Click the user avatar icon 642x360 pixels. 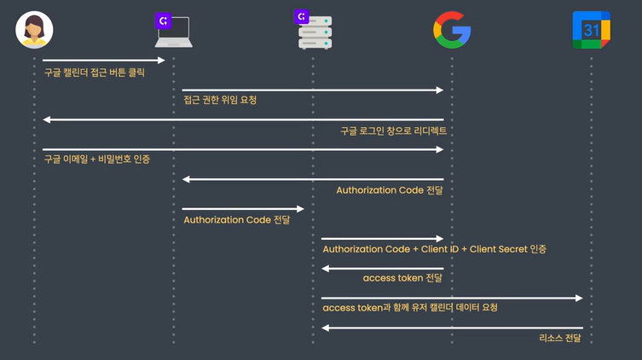click(x=35, y=30)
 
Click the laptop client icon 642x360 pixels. click(x=174, y=33)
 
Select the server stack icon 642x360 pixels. click(x=315, y=33)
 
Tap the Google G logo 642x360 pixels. click(x=451, y=30)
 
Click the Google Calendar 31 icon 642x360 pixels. click(x=590, y=30)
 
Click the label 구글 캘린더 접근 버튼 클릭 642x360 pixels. click(x=95, y=73)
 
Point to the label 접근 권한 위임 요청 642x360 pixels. click(x=220, y=101)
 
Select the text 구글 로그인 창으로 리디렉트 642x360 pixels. click(x=393, y=131)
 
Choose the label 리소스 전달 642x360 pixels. click(x=560, y=339)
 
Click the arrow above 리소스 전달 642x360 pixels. click(x=452, y=328)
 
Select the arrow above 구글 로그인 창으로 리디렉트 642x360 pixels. click(x=243, y=119)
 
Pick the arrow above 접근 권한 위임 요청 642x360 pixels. click(x=313, y=90)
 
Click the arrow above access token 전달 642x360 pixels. click(x=383, y=268)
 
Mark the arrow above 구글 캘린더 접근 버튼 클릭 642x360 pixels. click(x=103, y=60)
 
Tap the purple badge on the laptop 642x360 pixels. click(x=162, y=20)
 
